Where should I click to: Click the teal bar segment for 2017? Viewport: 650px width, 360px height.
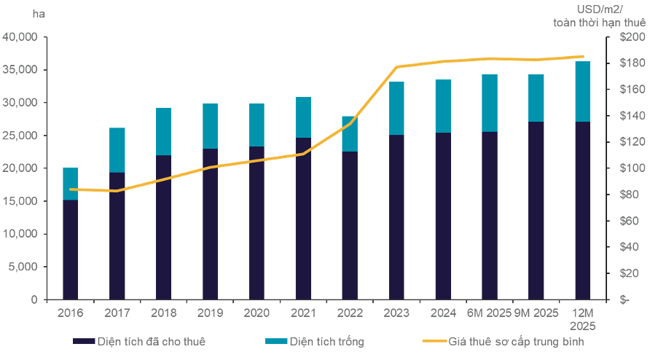(117, 150)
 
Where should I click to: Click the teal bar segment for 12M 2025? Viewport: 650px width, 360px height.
(582, 91)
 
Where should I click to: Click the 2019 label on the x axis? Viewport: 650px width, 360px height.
(211, 313)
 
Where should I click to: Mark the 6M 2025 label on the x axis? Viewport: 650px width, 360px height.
(490, 313)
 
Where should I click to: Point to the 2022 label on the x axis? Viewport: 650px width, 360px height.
(351, 313)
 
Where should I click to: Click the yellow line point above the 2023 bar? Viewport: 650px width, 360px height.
(396, 67)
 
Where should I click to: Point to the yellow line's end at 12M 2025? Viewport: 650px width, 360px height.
(582, 56)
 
